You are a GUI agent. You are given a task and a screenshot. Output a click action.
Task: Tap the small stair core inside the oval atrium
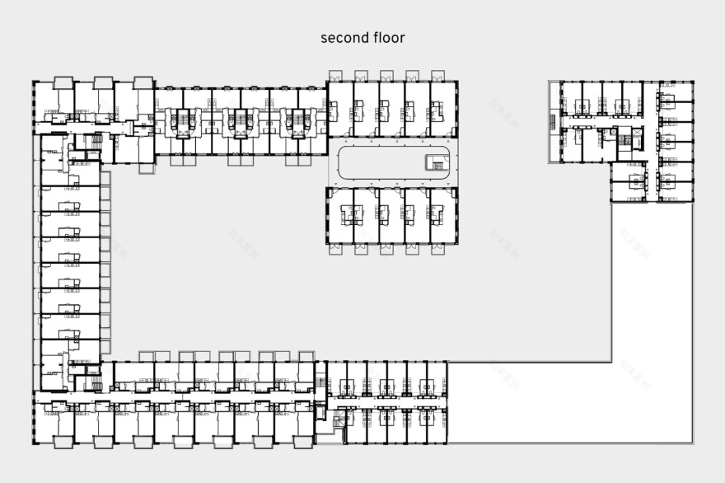[x=433, y=161]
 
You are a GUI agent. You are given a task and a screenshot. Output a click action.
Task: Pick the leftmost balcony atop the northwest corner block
[x=63, y=82]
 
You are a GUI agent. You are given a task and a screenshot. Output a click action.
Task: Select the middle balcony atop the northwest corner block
[x=103, y=82]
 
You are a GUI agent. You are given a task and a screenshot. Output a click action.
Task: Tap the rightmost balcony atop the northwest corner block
[x=143, y=82]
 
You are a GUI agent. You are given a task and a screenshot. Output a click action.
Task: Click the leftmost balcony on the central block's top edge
[x=336, y=75]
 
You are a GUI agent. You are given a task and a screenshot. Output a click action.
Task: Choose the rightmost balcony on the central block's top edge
[x=438, y=75]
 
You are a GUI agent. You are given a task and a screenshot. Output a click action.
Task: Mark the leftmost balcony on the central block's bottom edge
[x=336, y=248]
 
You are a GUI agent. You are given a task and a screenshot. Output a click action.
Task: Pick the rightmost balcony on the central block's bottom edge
[x=438, y=248]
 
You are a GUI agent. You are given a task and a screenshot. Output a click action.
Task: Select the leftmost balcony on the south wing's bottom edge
[x=63, y=442]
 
